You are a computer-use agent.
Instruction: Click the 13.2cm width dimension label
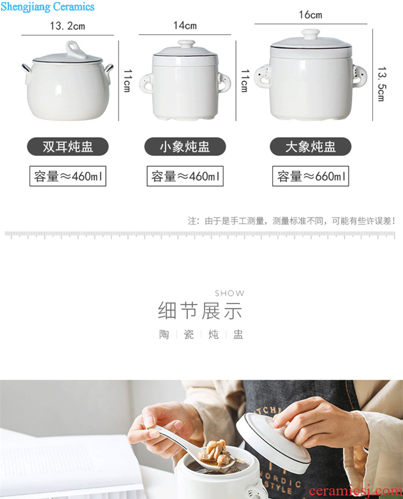[x=67, y=26]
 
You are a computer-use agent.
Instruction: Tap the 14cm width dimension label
[x=185, y=25]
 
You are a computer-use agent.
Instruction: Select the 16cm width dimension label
[x=311, y=15]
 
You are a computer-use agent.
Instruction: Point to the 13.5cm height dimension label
[x=382, y=84]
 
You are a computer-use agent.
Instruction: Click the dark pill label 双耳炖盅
[x=68, y=147]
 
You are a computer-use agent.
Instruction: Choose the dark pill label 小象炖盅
[x=185, y=147]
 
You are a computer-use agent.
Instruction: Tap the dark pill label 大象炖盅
[x=311, y=147]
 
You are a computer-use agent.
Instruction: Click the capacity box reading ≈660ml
[x=311, y=176]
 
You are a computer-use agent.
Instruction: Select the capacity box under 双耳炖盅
[x=68, y=176]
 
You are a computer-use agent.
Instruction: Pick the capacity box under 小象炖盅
[x=185, y=176]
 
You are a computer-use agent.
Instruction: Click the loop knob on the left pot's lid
[x=75, y=50]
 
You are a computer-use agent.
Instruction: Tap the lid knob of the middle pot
[x=186, y=43]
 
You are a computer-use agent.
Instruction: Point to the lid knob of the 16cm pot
[x=311, y=34]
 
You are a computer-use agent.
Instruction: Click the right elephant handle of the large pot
[x=359, y=76]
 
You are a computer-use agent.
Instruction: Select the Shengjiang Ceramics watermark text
[x=47, y=6]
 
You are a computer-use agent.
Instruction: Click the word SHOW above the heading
[x=230, y=293]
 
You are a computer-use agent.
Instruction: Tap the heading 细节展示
[x=200, y=311]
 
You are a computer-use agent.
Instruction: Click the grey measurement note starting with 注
[x=291, y=221]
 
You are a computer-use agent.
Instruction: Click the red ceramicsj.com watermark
[x=356, y=491]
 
